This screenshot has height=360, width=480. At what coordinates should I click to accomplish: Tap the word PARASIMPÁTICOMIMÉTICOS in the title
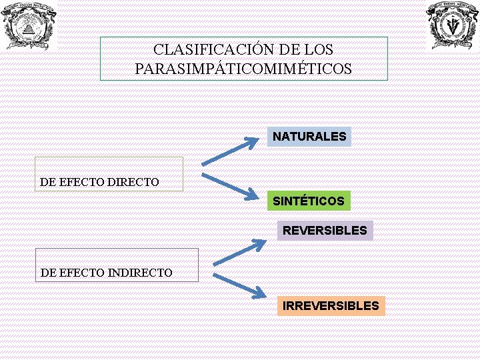[x=243, y=69]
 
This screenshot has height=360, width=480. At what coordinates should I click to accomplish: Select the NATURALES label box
[x=309, y=137]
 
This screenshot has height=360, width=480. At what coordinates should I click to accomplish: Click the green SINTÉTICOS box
[x=309, y=201]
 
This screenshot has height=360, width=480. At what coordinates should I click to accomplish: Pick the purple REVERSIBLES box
[x=325, y=231]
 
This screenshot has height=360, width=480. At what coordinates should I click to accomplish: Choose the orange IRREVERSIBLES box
[x=331, y=306]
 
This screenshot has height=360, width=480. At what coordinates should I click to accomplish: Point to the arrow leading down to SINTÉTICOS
[x=230, y=186]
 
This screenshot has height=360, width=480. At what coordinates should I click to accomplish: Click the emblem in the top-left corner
[x=28, y=25]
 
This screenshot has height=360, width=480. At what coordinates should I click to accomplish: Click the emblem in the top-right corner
[x=453, y=25]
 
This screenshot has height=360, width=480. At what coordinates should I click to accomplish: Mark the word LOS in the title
[x=320, y=50]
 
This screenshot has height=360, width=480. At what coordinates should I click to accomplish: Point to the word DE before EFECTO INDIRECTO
[x=49, y=273]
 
